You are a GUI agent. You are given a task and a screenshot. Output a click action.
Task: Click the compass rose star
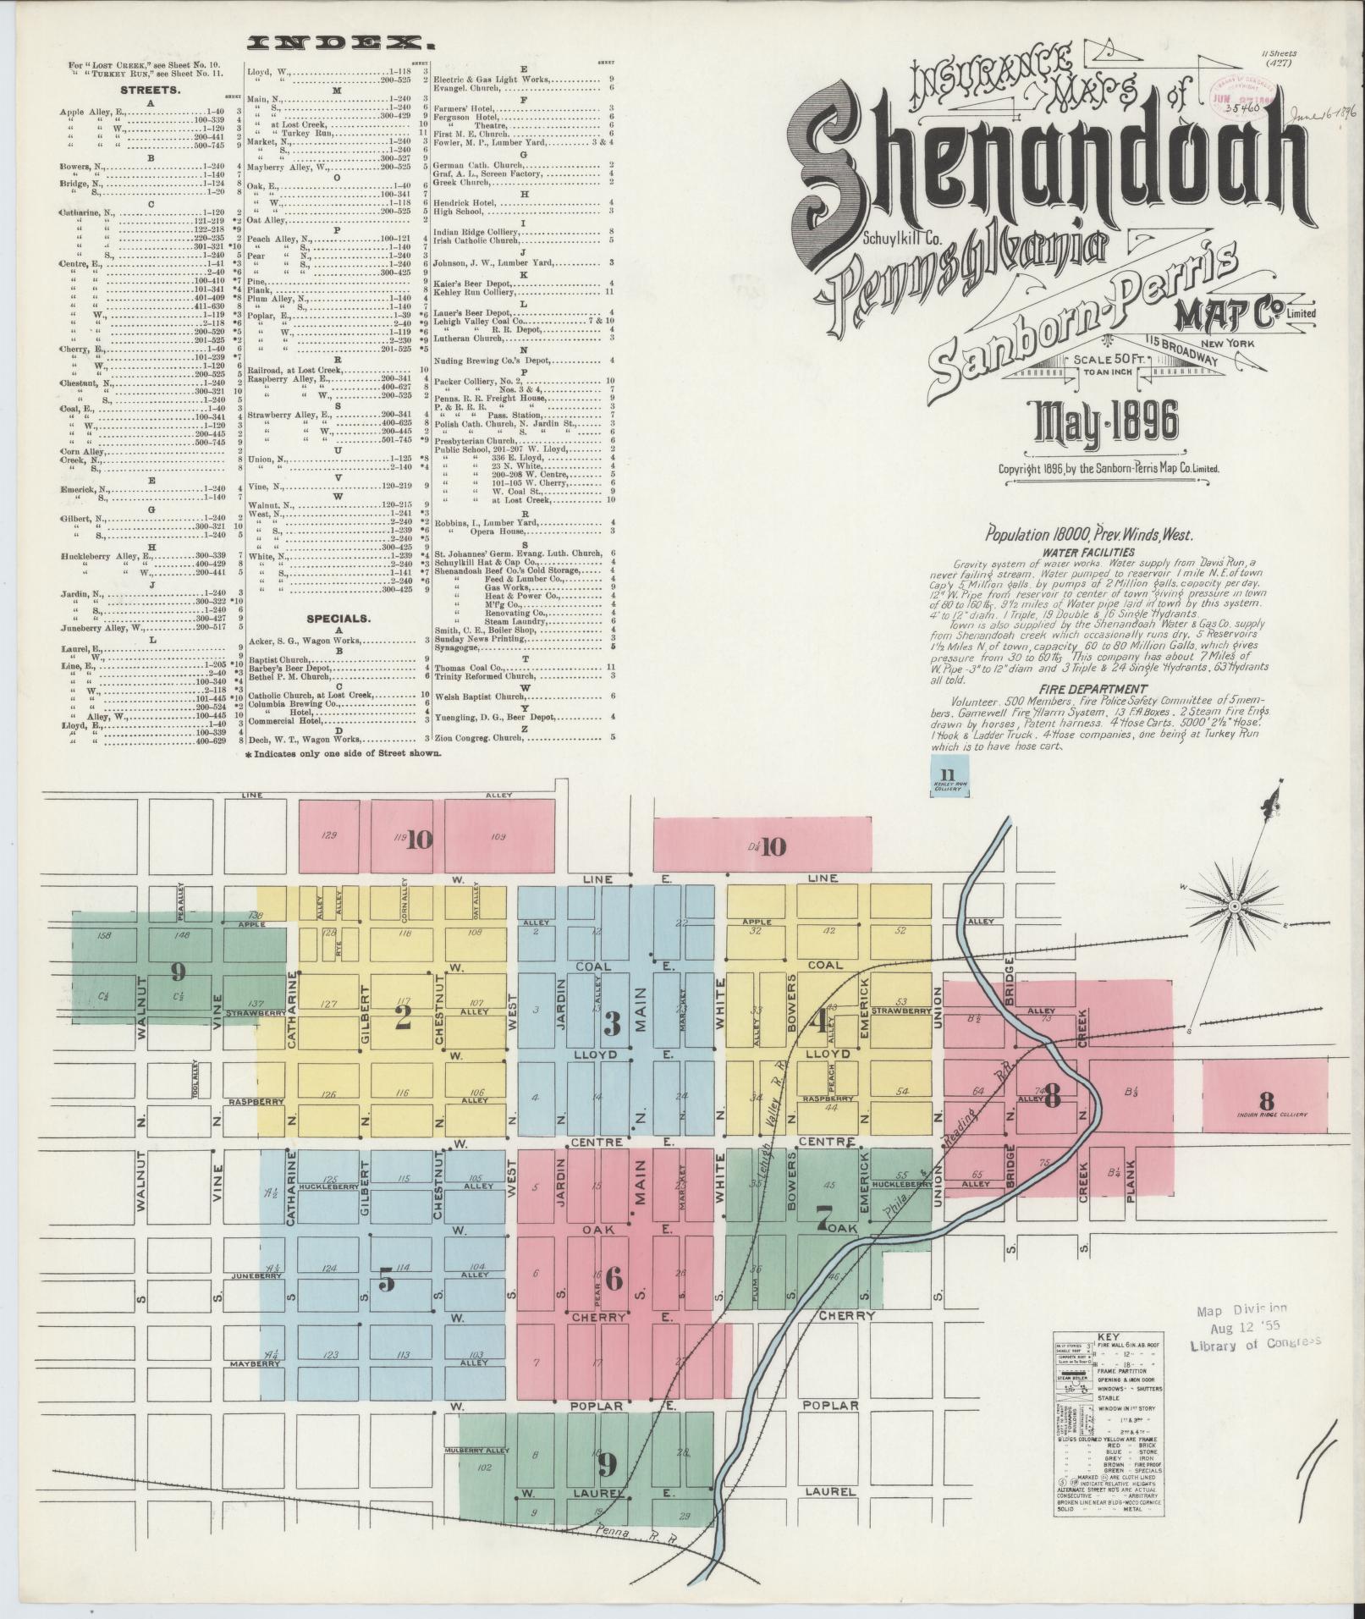tap(1233, 906)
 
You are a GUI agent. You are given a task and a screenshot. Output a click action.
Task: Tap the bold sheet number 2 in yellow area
tap(403, 1017)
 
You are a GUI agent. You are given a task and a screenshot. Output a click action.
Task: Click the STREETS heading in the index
tap(148, 90)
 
